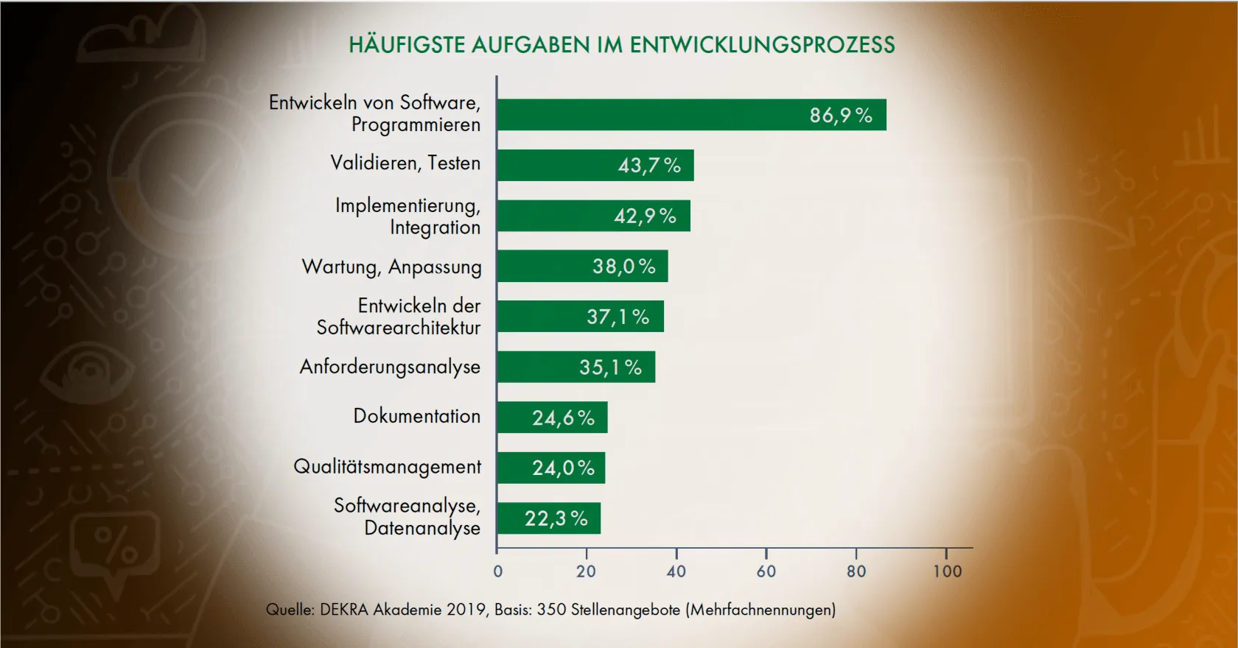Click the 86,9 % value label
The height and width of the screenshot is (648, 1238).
[841, 116]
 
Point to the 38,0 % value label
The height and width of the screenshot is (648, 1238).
[623, 267]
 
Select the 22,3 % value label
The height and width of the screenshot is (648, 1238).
[556, 518]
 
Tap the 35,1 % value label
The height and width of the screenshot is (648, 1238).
[610, 367]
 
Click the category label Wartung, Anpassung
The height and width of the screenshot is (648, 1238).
[391, 267]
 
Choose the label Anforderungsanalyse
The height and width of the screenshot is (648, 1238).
[390, 367]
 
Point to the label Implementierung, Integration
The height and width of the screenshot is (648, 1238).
[408, 216]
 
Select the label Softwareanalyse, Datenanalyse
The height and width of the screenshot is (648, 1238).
[407, 517]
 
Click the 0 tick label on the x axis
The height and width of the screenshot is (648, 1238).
[497, 571]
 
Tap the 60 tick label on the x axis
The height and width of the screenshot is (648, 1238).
[766, 571]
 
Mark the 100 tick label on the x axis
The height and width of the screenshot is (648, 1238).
[947, 571]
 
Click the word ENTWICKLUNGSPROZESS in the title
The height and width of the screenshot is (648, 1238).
[762, 45]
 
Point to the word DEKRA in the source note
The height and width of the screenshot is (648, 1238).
[344, 610]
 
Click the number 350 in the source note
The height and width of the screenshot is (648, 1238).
[551, 610]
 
